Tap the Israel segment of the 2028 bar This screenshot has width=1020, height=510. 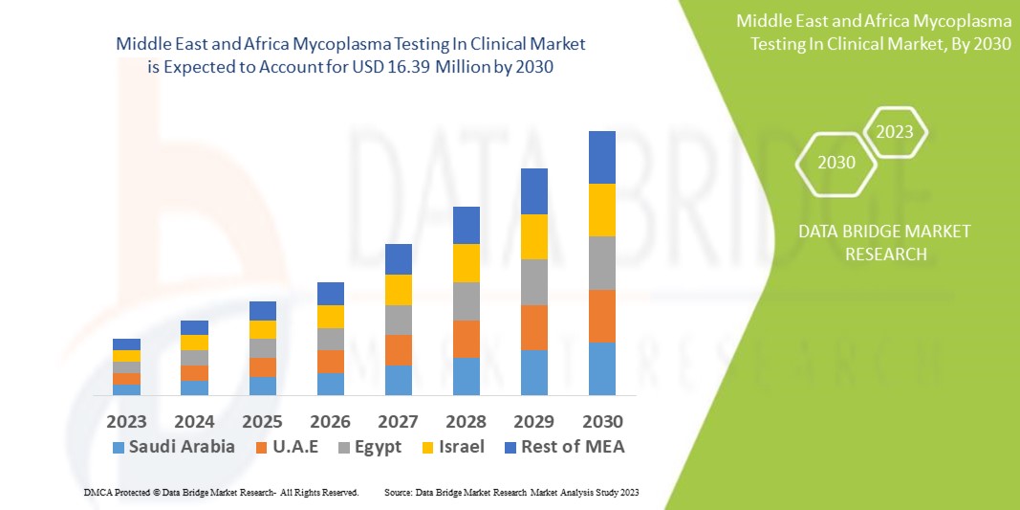pyautogui.click(x=466, y=263)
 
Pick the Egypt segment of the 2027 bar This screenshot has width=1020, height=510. pyautogui.click(x=398, y=320)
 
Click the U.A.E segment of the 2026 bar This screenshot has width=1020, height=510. pyautogui.click(x=330, y=362)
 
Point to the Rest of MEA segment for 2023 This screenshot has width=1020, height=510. pyautogui.click(x=126, y=344)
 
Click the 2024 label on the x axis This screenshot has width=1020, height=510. pyautogui.click(x=194, y=421)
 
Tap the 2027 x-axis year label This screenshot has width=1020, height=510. pyautogui.click(x=398, y=421)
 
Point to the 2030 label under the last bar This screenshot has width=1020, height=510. pyautogui.click(x=602, y=421)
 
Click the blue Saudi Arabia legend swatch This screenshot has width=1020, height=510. pyautogui.click(x=119, y=447)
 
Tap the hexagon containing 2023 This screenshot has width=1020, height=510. pyautogui.click(x=895, y=132)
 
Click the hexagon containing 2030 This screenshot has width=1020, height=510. pyautogui.click(x=836, y=163)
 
